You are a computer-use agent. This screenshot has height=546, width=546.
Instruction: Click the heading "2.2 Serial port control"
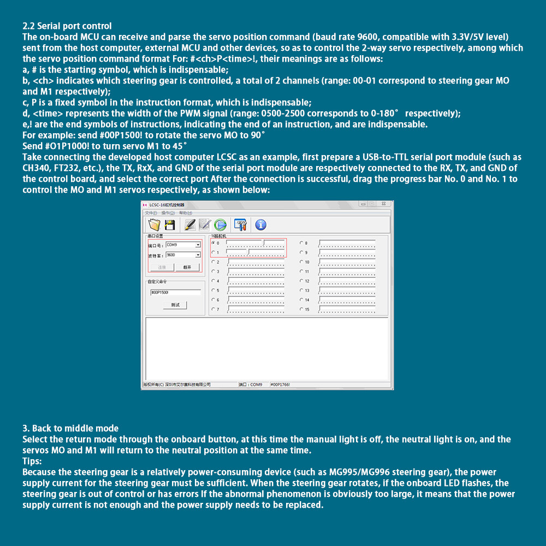pyautogui.click(x=67, y=26)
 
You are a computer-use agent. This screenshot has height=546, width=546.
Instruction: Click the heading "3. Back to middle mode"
pyautogui.click(x=70, y=428)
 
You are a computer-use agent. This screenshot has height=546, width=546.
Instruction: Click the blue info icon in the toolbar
pyautogui.click(x=260, y=224)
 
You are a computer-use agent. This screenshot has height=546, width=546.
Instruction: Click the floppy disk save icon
pyautogui.click(x=170, y=224)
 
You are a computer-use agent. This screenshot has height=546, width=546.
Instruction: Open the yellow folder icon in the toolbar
pyautogui.click(x=154, y=224)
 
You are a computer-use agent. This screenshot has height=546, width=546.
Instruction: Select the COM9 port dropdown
pyautogui.click(x=183, y=245)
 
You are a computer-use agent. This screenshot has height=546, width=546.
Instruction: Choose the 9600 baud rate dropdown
pyautogui.click(x=183, y=255)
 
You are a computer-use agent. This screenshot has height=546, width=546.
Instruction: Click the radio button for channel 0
pyautogui.click(x=213, y=243)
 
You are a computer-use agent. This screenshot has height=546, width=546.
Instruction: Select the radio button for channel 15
pyautogui.click(x=301, y=310)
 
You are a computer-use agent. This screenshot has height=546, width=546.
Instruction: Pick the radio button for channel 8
pyautogui.click(x=301, y=243)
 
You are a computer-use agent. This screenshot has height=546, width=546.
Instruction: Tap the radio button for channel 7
pyautogui.click(x=213, y=310)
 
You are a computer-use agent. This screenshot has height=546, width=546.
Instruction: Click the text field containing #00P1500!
pyautogui.click(x=175, y=292)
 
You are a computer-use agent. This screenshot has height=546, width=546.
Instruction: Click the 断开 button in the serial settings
pyautogui.click(x=187, y=268)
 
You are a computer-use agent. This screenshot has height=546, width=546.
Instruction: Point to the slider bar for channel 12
pyautogui.click(x=347, y=281)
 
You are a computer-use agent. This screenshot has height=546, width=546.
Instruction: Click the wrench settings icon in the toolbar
pyautogui.click(x=240, y=224)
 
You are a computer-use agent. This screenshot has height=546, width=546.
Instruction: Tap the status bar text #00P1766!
pyautogui.click(x=280, y=384)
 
